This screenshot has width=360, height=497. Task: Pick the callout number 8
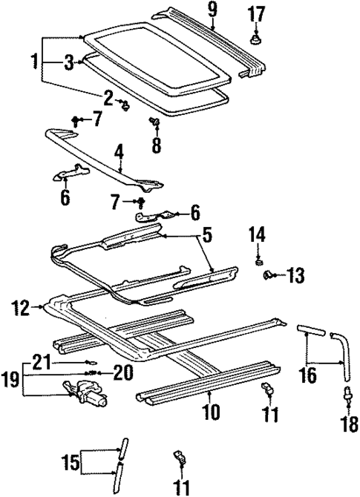click(156, 144)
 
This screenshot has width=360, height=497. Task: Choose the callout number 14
click(256, 235)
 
